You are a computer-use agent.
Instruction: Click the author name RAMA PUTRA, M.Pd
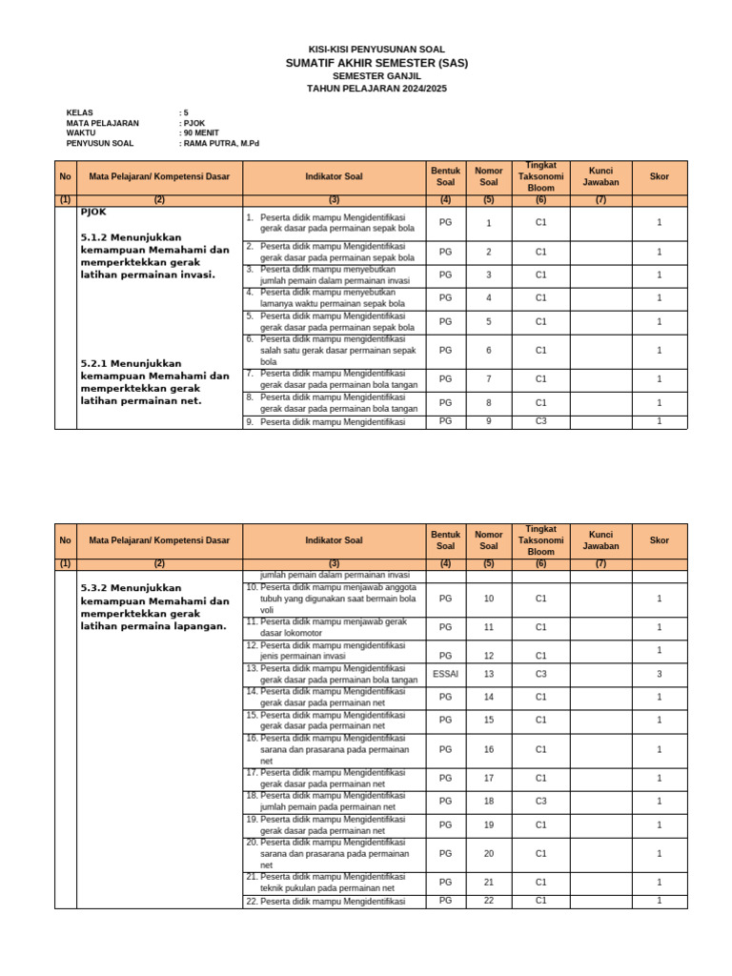point(221,144)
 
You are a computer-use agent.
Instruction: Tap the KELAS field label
point(80,112)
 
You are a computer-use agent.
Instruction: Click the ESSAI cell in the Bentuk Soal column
point(445,674)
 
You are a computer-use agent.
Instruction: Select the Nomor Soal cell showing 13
point(488,674)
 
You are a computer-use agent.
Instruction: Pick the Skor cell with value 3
point(659,674)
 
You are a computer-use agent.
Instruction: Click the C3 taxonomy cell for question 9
point(540,421)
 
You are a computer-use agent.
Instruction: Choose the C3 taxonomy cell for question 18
point(540,802)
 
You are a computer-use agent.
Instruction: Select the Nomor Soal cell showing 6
point(488,351)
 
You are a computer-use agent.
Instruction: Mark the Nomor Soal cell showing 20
point(488,854)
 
